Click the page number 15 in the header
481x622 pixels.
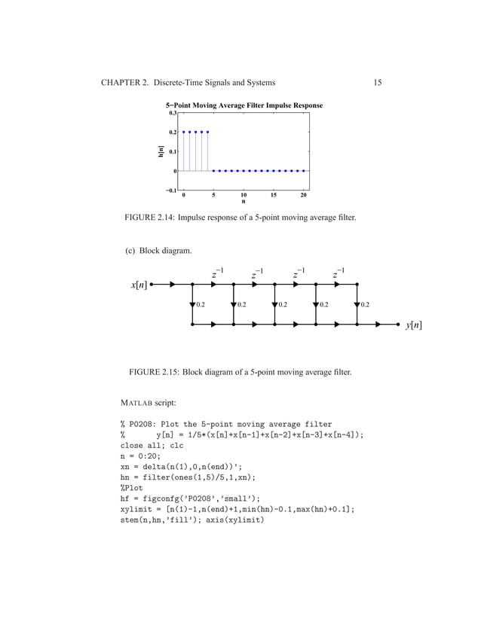click(377, 82)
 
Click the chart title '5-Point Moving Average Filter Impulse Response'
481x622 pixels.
click(244, 105)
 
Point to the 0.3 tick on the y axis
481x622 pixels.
click(173, 113)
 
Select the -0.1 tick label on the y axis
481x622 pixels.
click(171, 190)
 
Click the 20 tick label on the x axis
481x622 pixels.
click(303, 195)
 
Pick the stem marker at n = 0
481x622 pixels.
click(184, 132)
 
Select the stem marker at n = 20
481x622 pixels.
click(303, 170)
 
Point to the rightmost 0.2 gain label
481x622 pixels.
click(365, 305)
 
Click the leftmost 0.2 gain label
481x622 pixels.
click(201, 305)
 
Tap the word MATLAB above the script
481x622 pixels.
click(137, 403)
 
